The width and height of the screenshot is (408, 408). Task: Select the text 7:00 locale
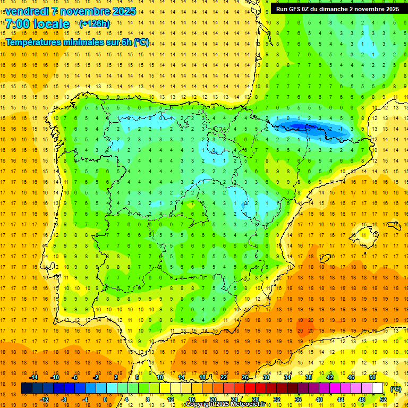(x=37, y=24)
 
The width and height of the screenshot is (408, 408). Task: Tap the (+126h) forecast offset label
(x=94, y=24)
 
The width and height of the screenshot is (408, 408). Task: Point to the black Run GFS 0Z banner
(x=338, y=9)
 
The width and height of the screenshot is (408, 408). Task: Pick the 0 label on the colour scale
(x=105, y=399)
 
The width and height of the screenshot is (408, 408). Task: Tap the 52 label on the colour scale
(x=382, y=399)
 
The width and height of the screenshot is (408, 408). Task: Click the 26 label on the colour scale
(x=245, y=377)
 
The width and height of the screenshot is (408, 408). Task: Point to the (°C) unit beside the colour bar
(x=395, y=389)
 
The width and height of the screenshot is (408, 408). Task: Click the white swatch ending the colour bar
(x=378, y=388)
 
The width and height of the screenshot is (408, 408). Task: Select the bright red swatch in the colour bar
(x=250, y=388)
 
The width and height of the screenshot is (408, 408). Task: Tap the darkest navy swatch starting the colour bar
(x=27, y=388)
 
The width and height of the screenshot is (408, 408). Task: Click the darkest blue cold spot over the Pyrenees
(x=300, y=126)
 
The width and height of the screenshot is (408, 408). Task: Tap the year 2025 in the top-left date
(x=123, y=11)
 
